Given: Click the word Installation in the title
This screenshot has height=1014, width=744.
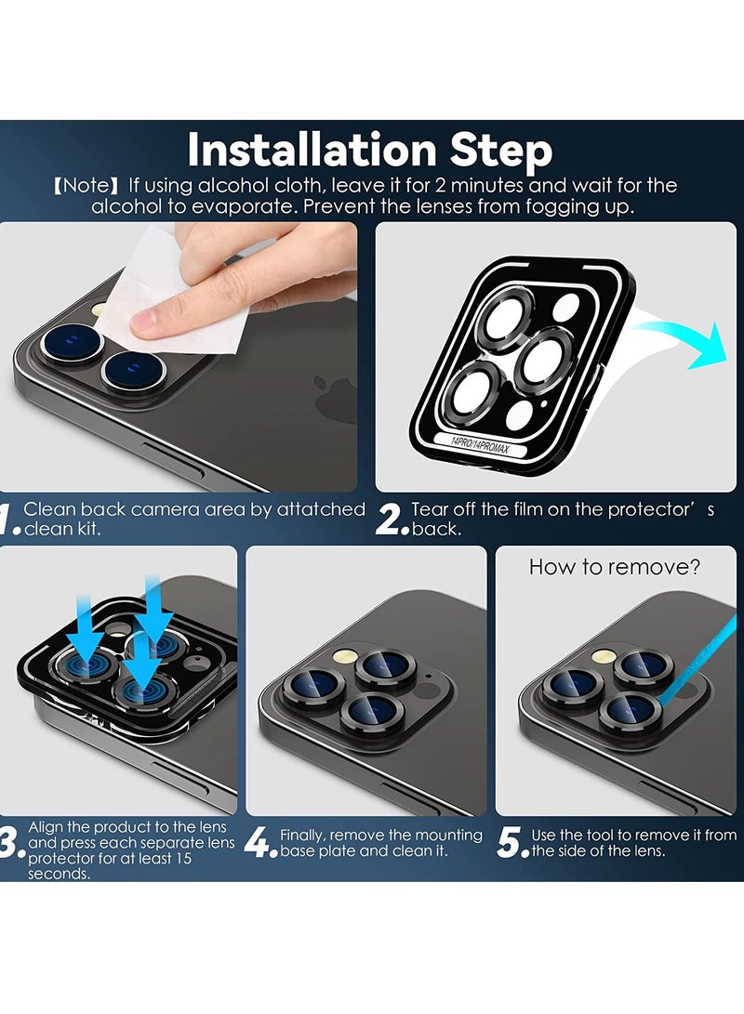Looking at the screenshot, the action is coord(312,150).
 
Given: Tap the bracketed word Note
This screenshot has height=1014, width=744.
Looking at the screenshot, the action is coord(86,186).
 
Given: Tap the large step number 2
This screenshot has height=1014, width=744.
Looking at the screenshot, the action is coord(390,519).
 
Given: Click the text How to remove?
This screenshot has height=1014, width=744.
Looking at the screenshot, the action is coord(615,568).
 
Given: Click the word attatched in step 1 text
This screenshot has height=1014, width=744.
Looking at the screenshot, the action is coord(321,509).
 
